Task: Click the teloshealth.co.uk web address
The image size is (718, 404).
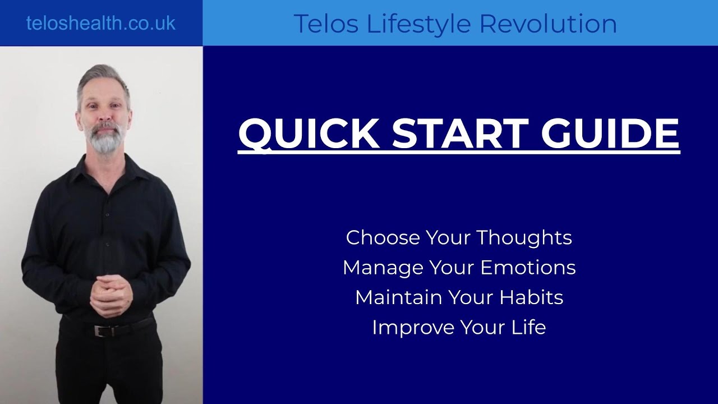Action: [101, 23]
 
